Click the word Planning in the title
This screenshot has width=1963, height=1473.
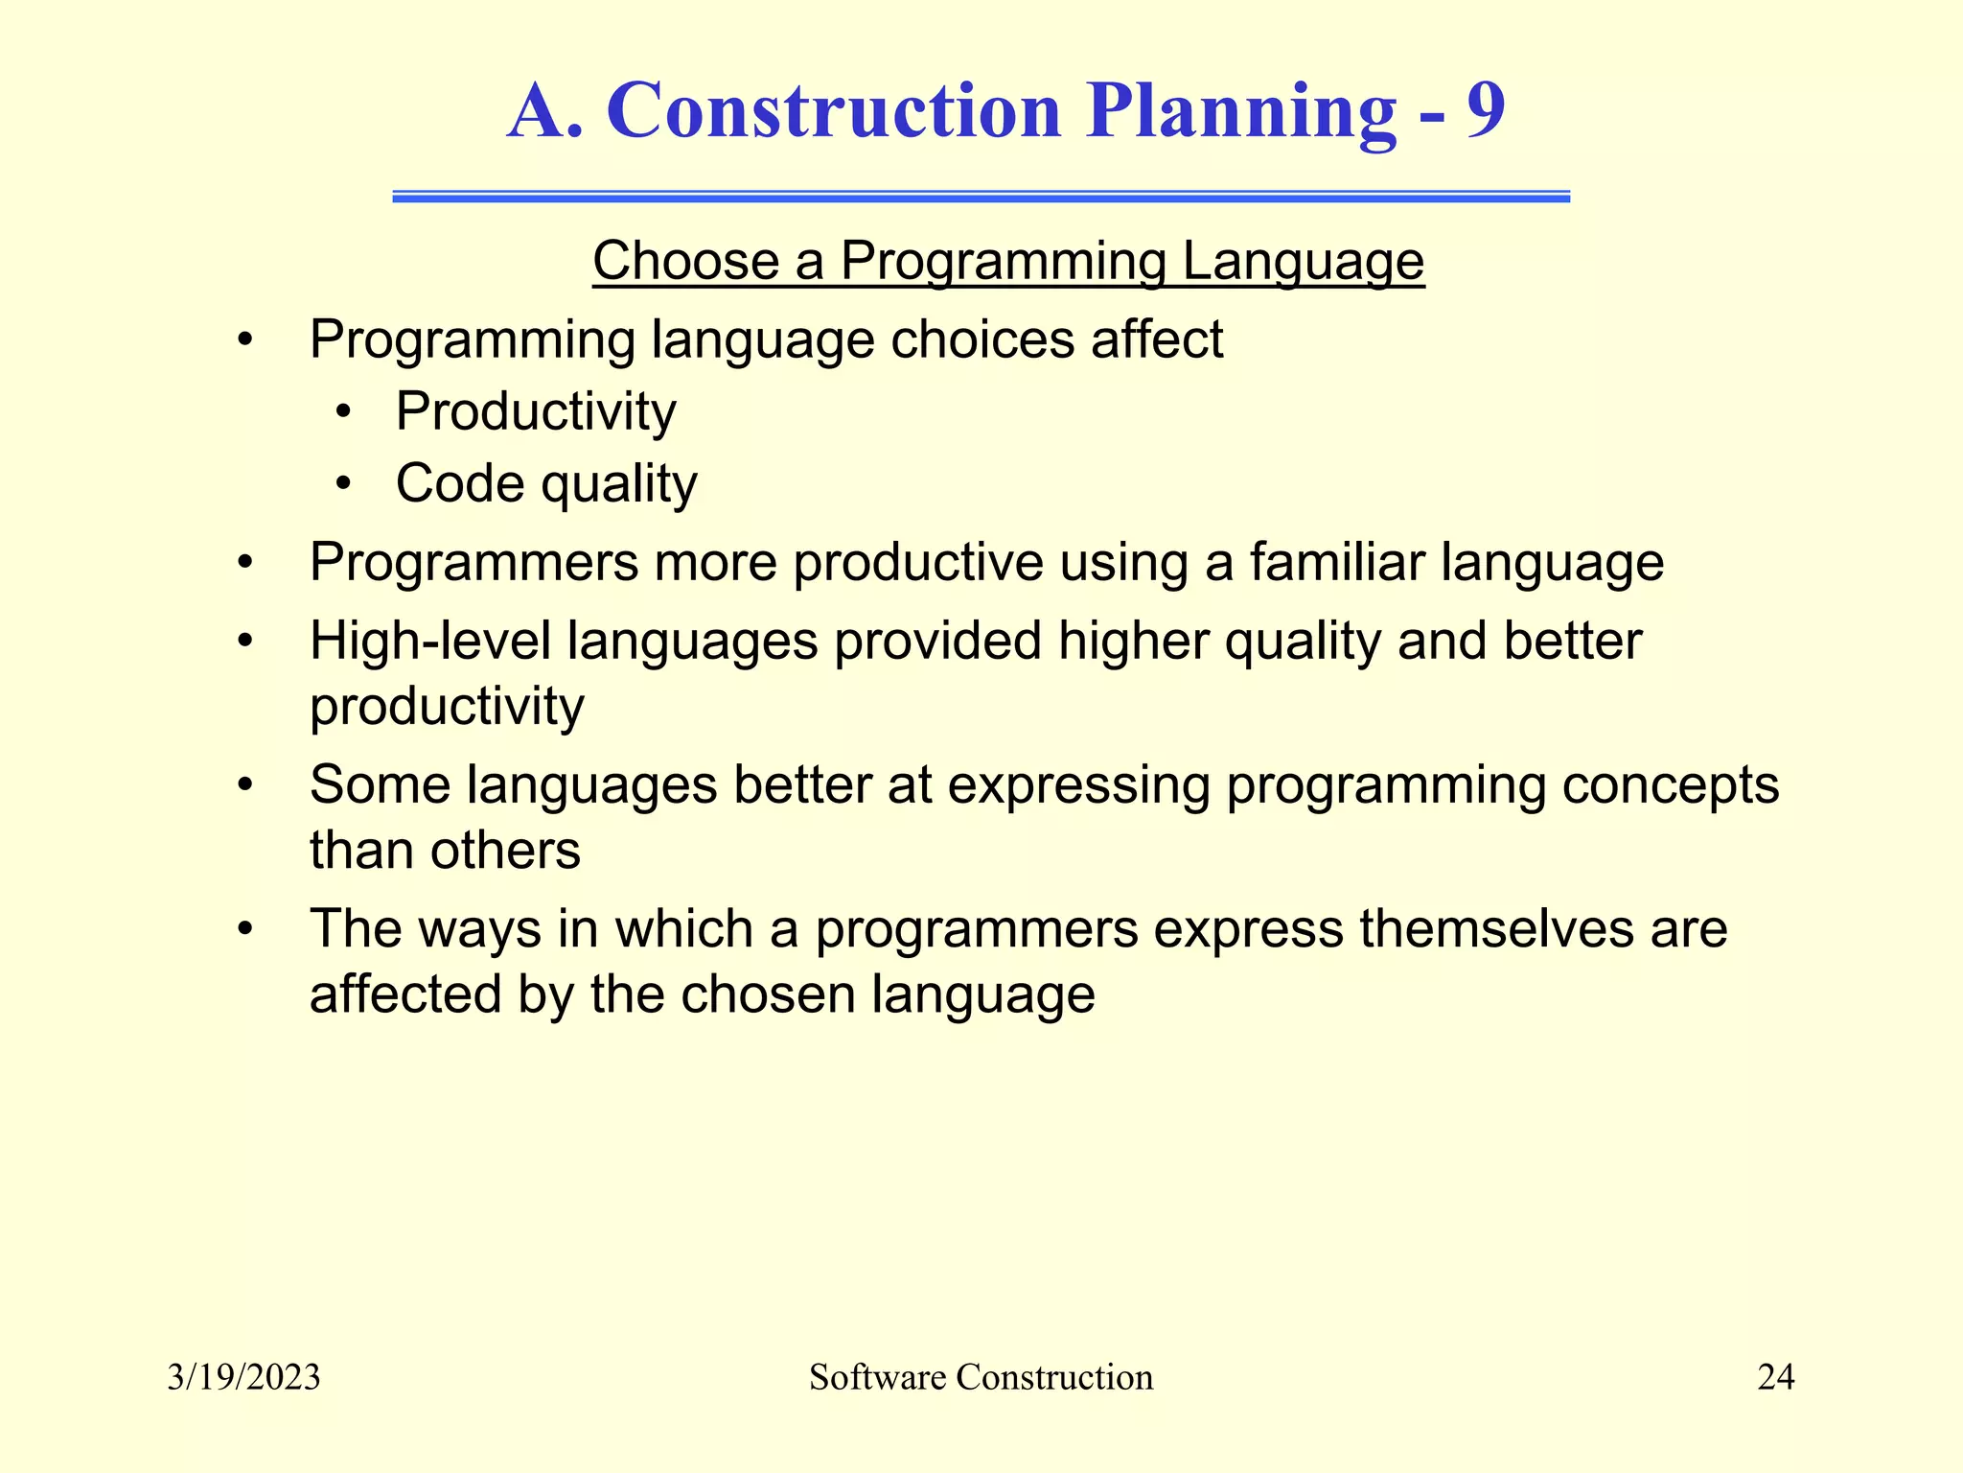tap(1240, 113)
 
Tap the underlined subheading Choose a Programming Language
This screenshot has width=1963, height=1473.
tap(1008, 261)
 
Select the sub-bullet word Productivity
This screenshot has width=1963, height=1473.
tap(535, 412)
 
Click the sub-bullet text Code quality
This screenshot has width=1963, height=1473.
tap(546, 483)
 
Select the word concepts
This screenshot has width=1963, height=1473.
tap(1670, 785)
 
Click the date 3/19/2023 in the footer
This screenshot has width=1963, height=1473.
tap(243, 1377)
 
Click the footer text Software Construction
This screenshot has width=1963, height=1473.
tap(981, 1377)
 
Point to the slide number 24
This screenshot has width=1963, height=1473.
tap(1775, 1377)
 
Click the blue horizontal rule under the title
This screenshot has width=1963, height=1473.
tap(981, 197)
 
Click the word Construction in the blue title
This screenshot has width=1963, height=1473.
tap(834, 111)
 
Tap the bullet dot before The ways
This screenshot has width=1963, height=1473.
tap(245, 930)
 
